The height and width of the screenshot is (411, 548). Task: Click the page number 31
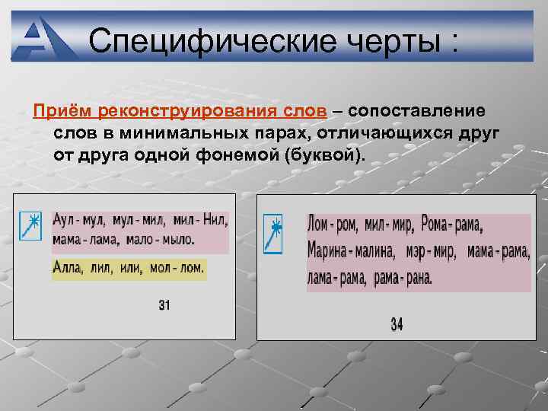coord(164,305)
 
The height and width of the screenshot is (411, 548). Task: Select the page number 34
coord(397,324)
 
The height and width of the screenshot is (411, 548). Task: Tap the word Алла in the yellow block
coord(68,268)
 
